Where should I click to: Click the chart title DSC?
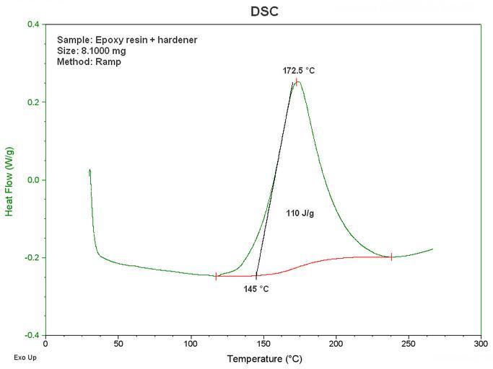coord(263,12)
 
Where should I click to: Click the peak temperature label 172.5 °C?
coord(299,71)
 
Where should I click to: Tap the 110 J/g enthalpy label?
coord(300,214)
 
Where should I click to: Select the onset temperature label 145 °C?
coord(256,289)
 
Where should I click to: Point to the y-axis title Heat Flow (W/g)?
coord(10,179)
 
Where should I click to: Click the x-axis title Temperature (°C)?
coord(263,358)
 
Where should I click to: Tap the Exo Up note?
coord(25,357)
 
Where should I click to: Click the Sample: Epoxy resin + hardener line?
coord(127,40)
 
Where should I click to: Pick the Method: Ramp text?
coord(89,62)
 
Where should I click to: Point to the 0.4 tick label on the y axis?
coord(32,25)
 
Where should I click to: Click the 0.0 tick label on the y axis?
coord(32,180)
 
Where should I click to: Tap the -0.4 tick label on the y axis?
coord(31,335)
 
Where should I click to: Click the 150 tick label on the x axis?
coord(263,344)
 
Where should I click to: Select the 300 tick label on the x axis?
coord(481,344)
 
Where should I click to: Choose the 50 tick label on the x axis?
coord(118,344)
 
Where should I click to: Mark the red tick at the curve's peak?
coord(297,81)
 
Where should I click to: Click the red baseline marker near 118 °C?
coord(216,276)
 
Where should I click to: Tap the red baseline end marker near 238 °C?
coord(391,257)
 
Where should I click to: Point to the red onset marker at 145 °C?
coord(256,276)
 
